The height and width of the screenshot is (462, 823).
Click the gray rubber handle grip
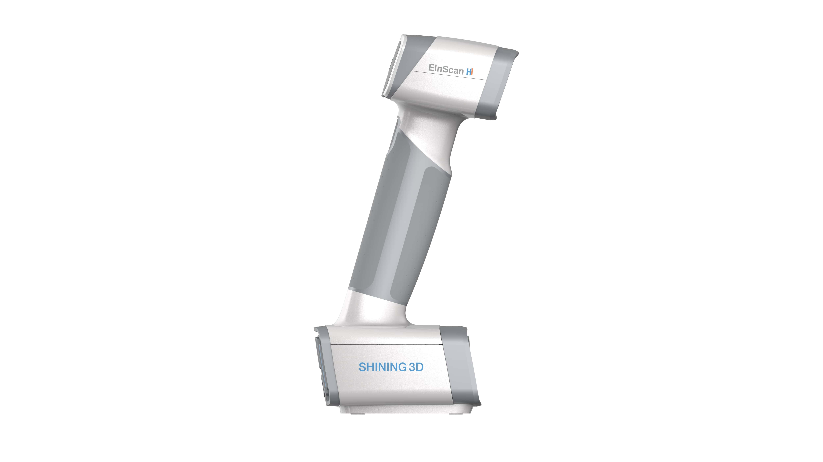click(406, 224)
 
